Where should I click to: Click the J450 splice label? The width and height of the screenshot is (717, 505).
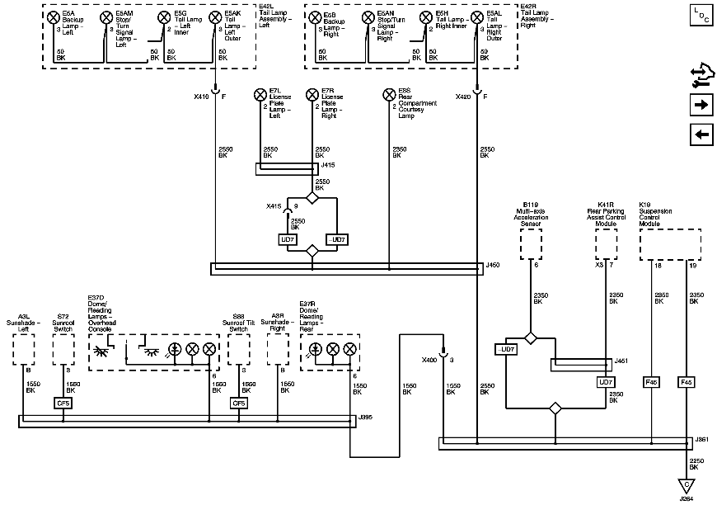click(494, 265)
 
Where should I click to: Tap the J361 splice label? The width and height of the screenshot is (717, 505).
click(701, 439)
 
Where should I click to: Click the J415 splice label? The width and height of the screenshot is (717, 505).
click(328, 165)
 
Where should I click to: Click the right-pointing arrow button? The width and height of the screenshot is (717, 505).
click(701, 105)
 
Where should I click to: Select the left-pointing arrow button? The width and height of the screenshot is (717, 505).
click(701, 135)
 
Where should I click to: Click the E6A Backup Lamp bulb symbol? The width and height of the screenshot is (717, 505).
click(54, 17)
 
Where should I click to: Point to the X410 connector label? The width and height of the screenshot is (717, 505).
click(200, 97)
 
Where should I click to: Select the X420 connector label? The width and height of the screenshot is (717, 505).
click(463, 97)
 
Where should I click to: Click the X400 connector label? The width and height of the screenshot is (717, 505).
click(429, 361)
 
